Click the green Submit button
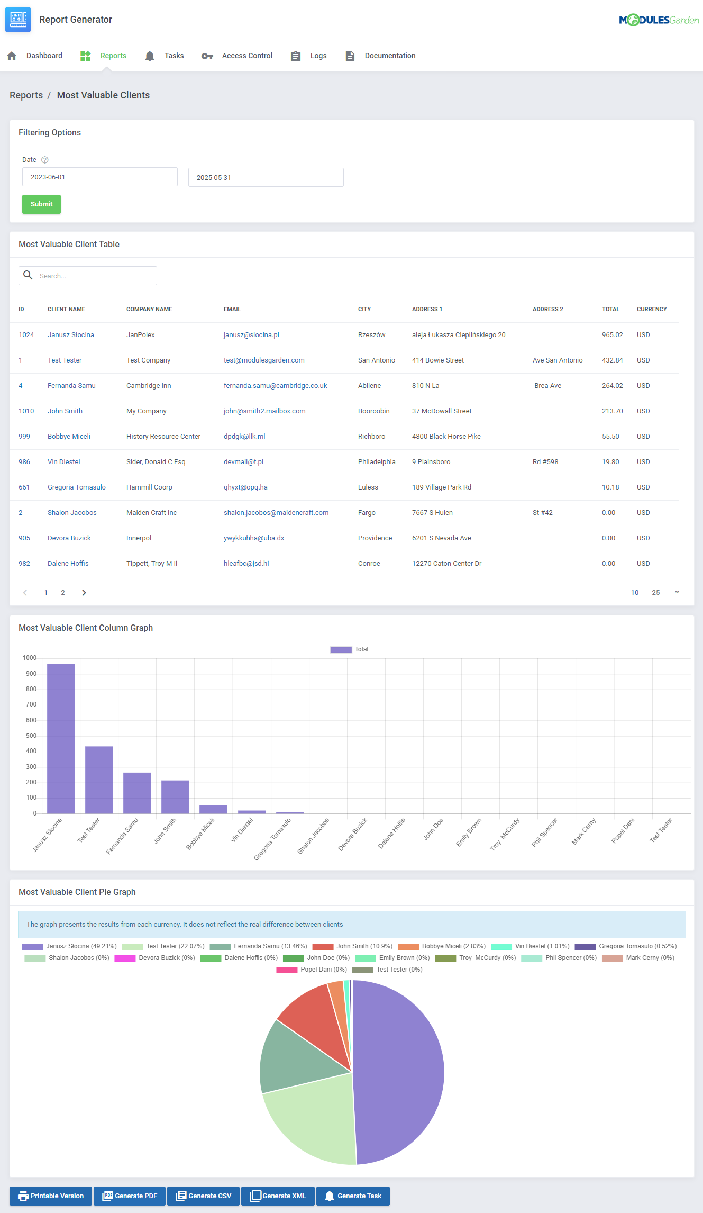point(41,204)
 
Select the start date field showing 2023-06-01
point(99,177)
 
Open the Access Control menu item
point(246,56)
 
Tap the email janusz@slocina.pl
point(251,335)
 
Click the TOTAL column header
point(610,309)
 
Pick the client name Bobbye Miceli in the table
point(69,437)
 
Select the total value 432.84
point(612,360)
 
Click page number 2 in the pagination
point(63,593)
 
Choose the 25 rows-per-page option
point(655,593)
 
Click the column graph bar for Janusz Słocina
point(61,738)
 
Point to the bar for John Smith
point(175,796)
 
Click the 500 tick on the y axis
point(31,736)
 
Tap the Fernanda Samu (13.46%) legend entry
point(258,946)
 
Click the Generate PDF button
point(130,1196)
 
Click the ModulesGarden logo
point(659,20)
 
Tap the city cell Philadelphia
point(377,462)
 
